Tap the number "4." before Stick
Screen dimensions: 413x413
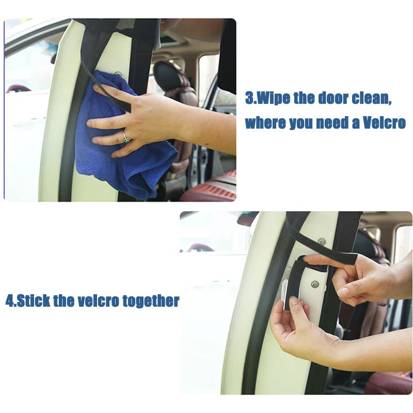tap(11, 301)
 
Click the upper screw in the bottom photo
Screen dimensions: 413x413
tap(322, 242)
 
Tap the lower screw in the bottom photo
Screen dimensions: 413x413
tap(314, 284)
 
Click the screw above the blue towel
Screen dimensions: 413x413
tap(118, 74)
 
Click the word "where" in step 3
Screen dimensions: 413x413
tap(261, 123)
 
